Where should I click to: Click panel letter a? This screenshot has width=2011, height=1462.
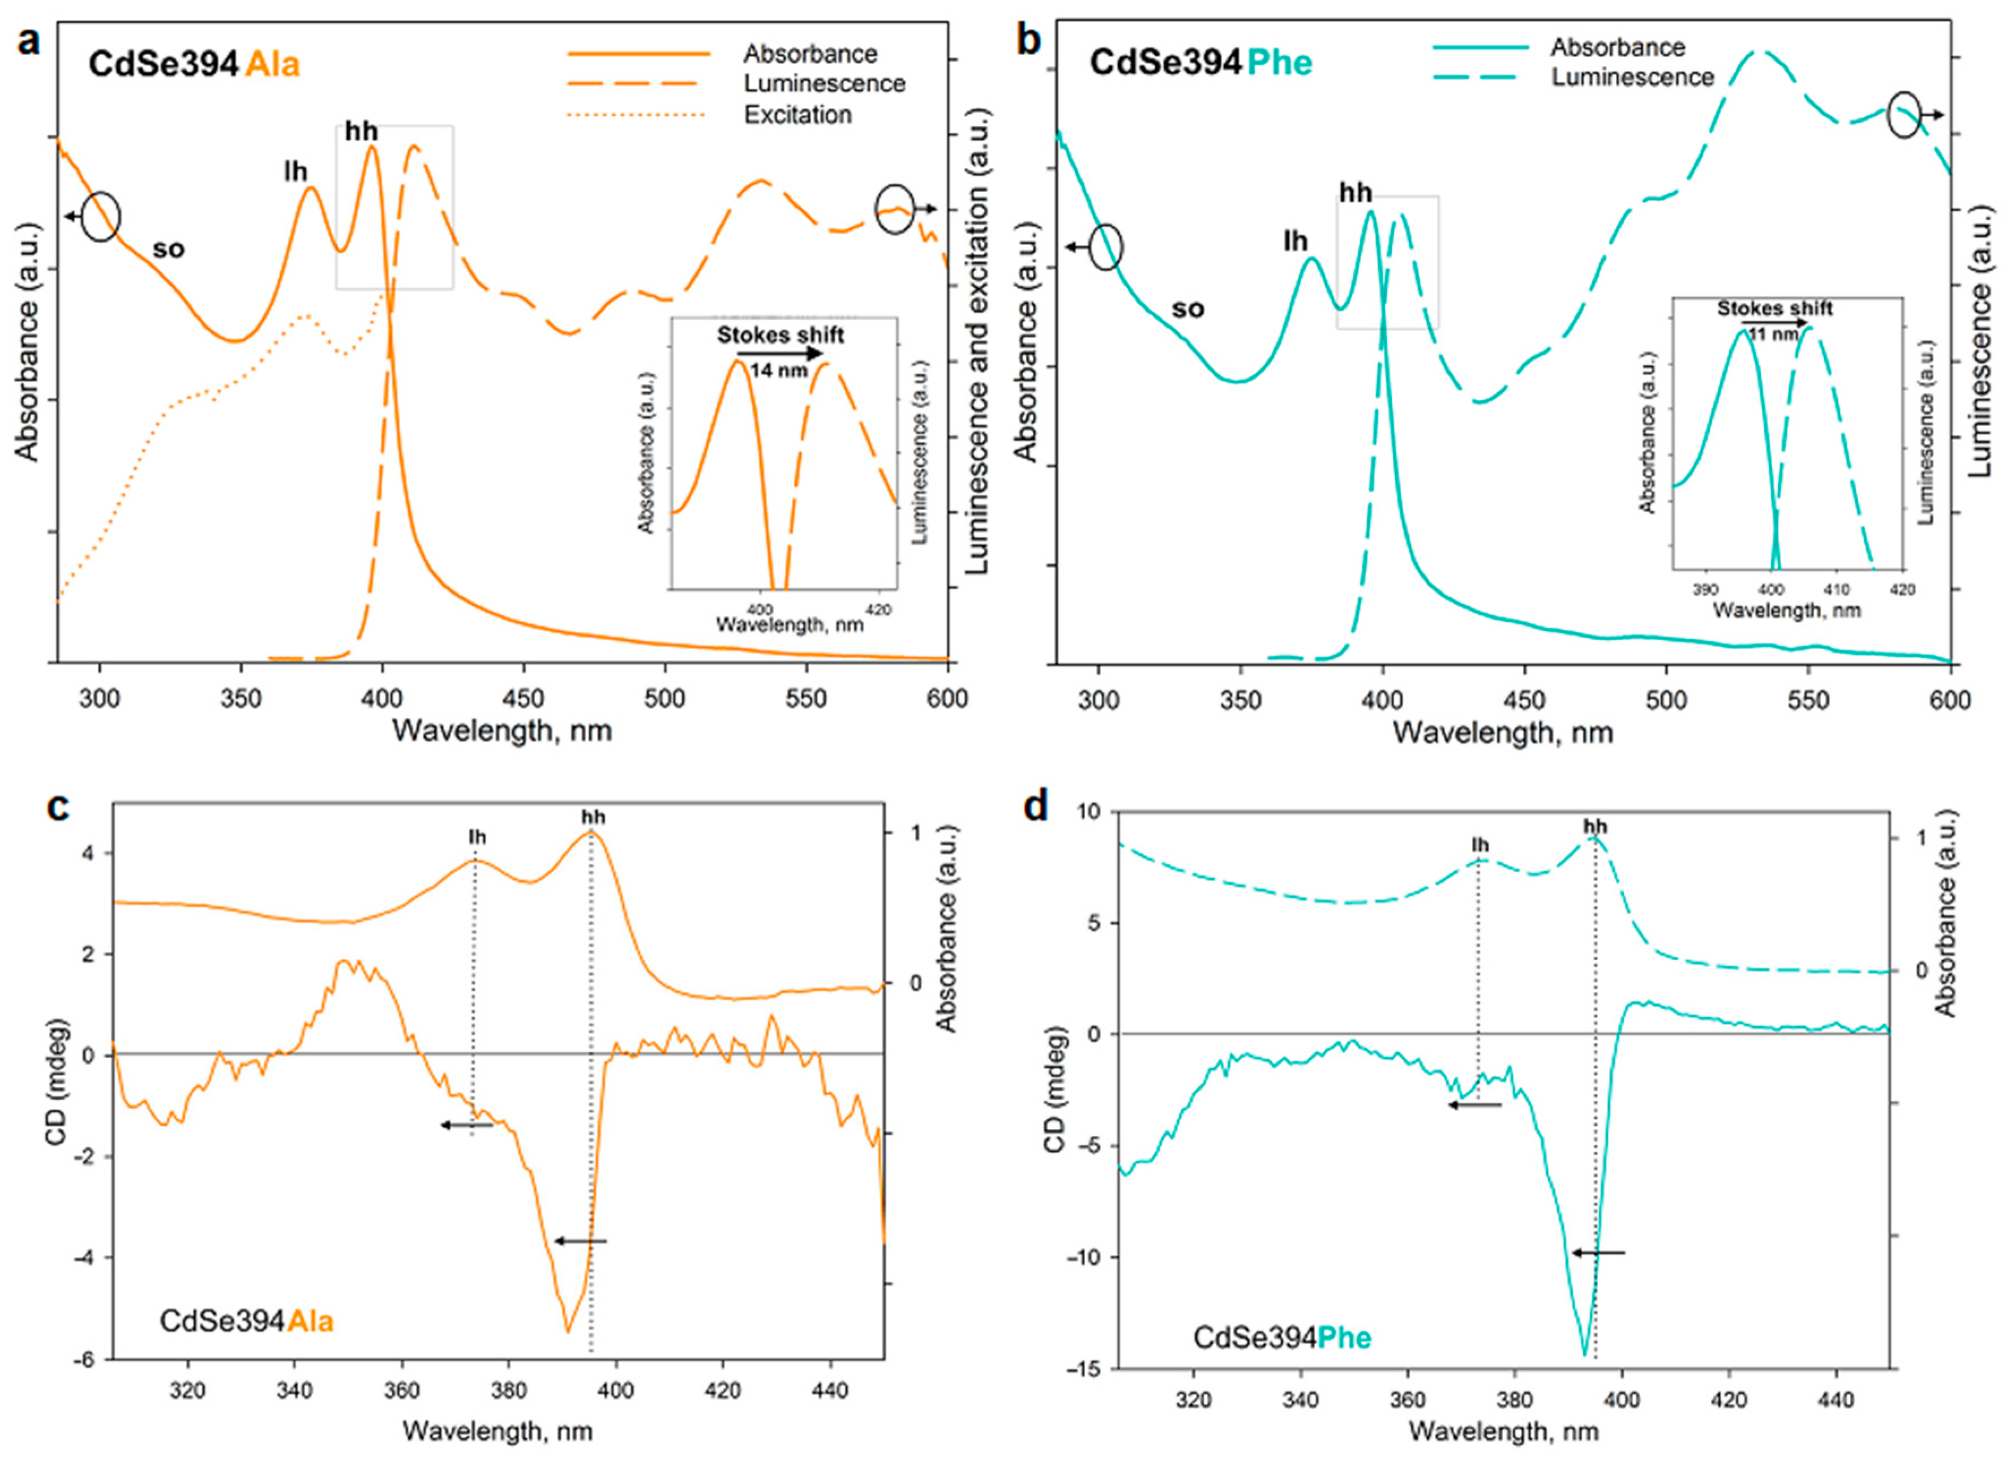click(28, 42)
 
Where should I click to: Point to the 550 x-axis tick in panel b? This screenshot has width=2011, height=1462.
click(1808, 700)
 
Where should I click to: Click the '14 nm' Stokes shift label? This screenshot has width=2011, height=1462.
click(778, 370)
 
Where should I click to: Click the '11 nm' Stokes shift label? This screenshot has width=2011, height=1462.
click(1773, 335)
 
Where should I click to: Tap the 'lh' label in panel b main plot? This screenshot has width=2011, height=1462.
click(1296, 241)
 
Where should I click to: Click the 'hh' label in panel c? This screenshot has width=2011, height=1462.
click(592, 817)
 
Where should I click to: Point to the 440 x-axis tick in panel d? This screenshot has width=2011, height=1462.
click(1836, 1400)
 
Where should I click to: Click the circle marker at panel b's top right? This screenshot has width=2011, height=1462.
click(1903, 116)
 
